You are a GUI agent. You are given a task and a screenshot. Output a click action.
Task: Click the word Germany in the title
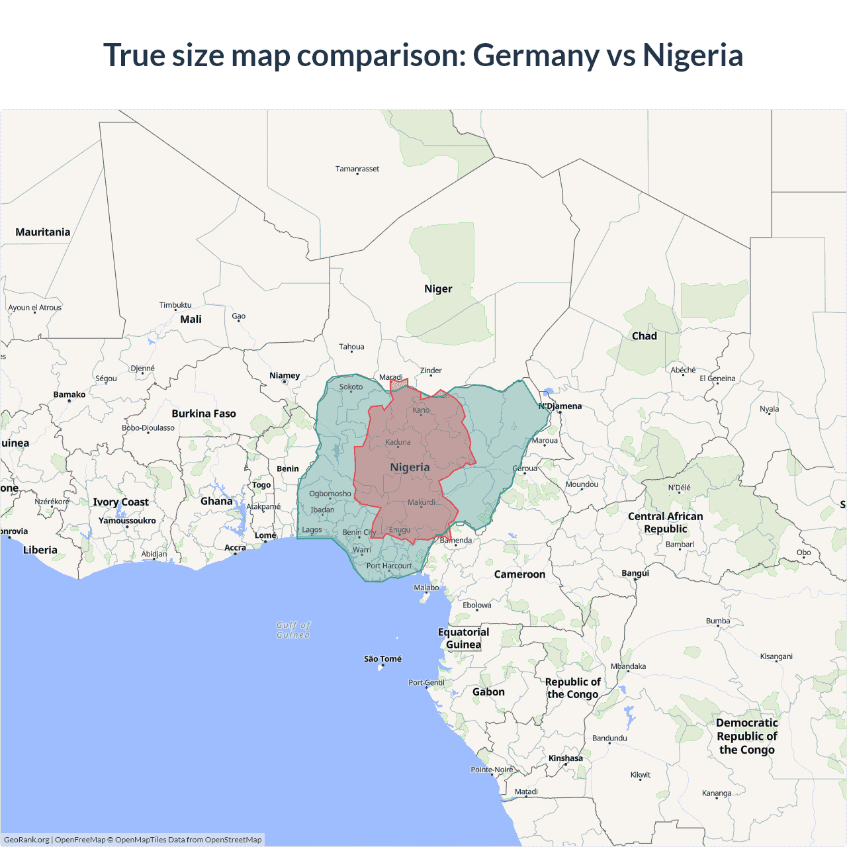pos(535,56)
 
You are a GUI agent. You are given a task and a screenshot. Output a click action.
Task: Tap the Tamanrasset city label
pos(357,169)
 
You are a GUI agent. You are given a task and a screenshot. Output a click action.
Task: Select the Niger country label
pos(438,289)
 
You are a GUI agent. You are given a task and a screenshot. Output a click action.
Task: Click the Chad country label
pos(644,336)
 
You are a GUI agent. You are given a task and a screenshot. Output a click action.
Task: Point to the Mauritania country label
pos(43,232)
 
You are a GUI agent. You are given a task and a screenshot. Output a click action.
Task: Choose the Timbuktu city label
pos(175,305)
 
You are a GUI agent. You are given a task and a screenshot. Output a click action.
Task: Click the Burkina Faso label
pos(204,414)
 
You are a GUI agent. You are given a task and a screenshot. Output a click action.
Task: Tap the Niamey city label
pos(285,376)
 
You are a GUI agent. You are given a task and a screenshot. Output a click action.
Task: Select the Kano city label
pos(421,410)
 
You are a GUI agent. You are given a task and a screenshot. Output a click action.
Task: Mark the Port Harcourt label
pos(389,566)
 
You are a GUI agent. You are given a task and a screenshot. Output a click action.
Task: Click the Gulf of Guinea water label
pos(293,630)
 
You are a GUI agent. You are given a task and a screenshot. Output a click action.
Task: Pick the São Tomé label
pos(382,659)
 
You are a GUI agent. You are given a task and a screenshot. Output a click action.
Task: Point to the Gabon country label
pos(488,692)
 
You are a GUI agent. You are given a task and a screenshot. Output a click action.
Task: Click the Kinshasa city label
pos(566,758)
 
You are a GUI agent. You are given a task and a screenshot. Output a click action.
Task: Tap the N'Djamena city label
pos(560,406)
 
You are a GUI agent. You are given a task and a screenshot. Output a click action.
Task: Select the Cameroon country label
pos(519,574)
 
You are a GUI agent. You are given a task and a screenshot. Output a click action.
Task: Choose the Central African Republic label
pos(666,523)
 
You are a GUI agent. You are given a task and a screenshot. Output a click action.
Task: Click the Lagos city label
pos(312,530)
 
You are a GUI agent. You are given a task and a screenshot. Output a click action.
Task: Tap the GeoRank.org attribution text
pos(26,840)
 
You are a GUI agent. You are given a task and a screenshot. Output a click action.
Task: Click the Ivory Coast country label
pos(120,502)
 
